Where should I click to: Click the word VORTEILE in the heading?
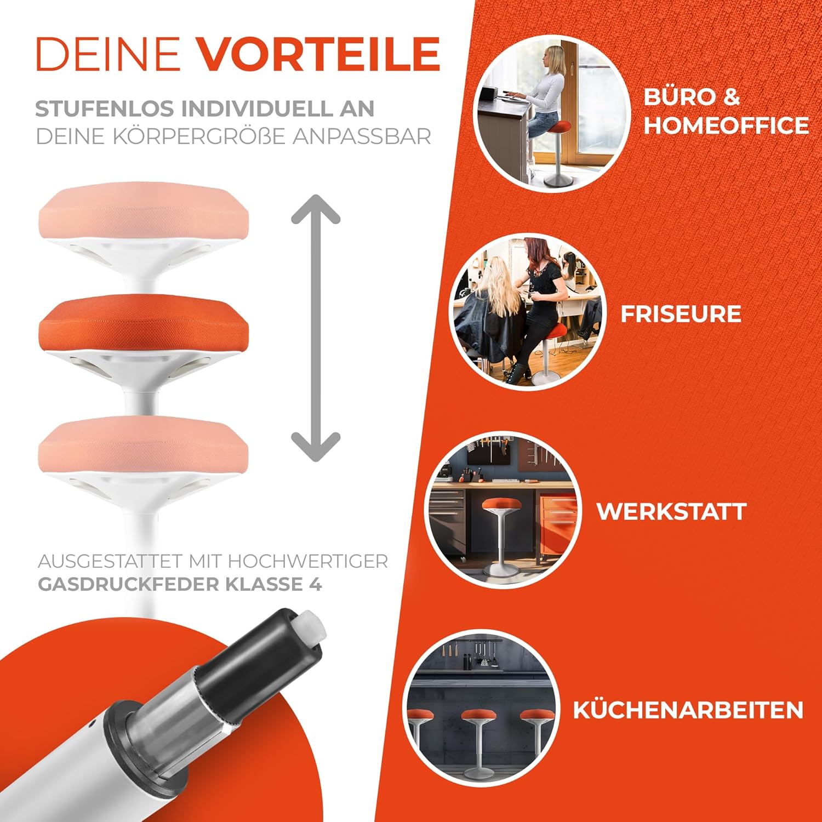[x=318, y=54]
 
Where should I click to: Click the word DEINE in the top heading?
[x=107, y=54]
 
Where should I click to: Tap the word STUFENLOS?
[x=105, y=109]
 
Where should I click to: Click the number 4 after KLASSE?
[x=315, y=584]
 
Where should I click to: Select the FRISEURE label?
[x=681, y=314]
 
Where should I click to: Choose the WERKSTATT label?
[x=671, y=511]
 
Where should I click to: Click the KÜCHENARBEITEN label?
[x=688, y=710]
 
